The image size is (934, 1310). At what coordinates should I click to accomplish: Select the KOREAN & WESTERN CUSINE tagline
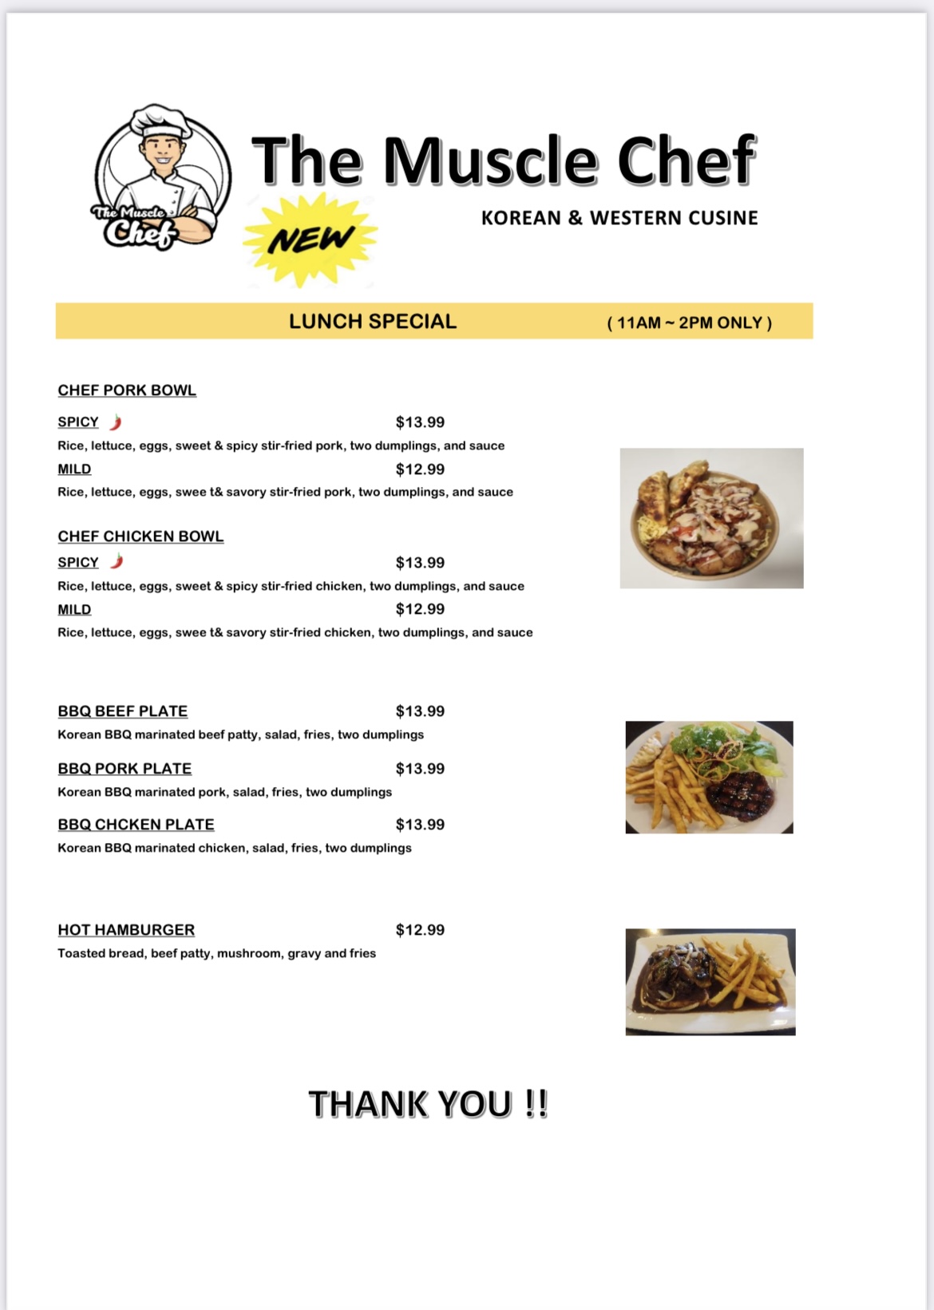pyautogui.click(x=619, y=218)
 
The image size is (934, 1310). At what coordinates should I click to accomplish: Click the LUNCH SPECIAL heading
pyautogui.click(x=373, y=321)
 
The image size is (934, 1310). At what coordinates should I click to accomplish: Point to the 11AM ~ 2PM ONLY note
pyautogui.click(x=689, y=323)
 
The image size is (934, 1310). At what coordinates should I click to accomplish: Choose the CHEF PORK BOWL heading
pyautogui.click(x=127, y=390)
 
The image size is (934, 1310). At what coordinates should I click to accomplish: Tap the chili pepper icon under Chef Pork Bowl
pyautogui.click(x=116, y=421)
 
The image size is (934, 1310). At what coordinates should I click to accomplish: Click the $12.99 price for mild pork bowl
pyautogui.click(x=420, y=469)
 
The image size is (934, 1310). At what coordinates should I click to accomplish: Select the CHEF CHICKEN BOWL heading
pyautogui.click(x=140, y=536)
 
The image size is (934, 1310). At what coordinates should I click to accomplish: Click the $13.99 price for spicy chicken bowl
pyautogui.click(x=420, y=563)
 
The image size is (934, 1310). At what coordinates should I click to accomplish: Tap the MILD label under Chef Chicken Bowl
pyautogui.click(x=74, y=610)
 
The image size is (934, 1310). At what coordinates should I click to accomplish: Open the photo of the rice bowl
pyautogui.click(x=711, y=518)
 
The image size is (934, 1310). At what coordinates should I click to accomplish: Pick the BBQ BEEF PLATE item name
pyautogui.click(x=123, y=711)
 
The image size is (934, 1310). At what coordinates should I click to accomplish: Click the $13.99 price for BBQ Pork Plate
pyautogui.click(x=420, y=769)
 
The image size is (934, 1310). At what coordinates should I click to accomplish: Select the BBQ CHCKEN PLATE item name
pyautogui.click(x=136, y=825)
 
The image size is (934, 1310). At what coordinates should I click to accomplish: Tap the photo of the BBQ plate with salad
pyautogui.click(x=709, y=777)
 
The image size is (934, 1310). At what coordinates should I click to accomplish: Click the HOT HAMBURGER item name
pyautogui.click(x=126, y=930)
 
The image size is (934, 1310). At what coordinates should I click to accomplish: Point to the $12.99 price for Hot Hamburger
pyautogui.click(x=420, y=930)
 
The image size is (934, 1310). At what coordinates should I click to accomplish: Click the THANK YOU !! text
pyautogui.click(x=428, y=1104)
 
